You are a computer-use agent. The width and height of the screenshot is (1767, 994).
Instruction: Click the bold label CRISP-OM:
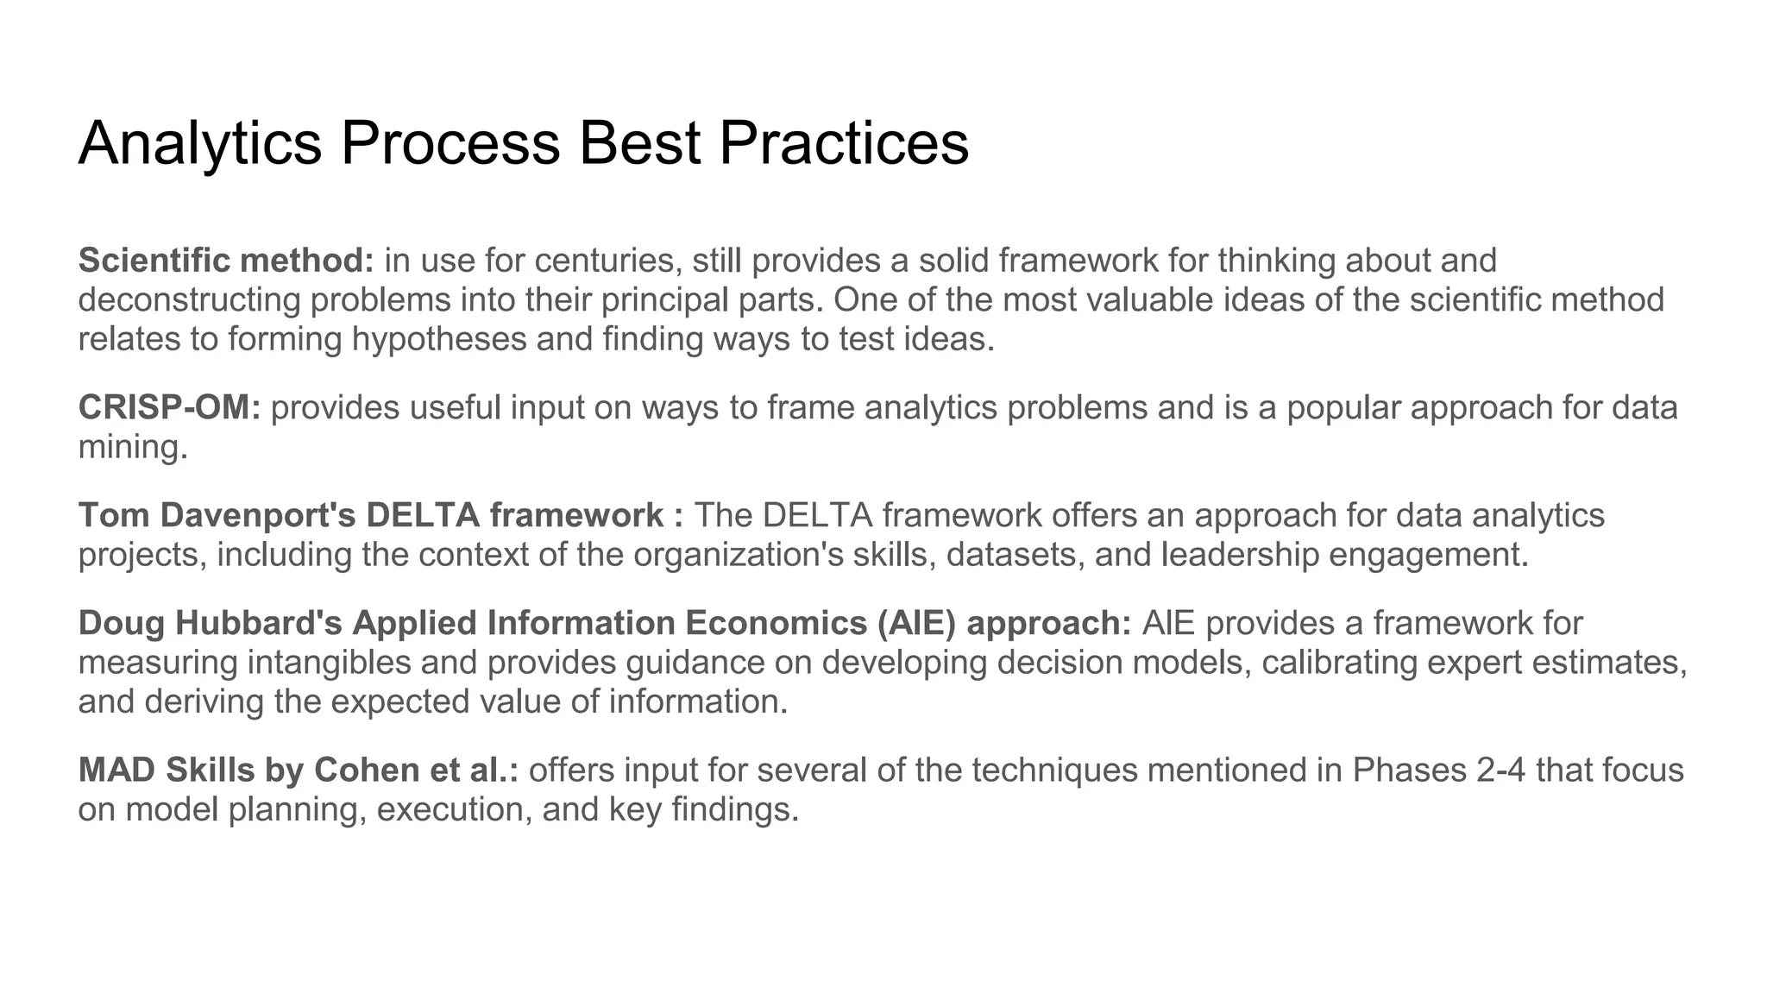click(x=169, y=407)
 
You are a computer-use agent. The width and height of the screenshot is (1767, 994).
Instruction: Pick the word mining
click(x=132, y=447)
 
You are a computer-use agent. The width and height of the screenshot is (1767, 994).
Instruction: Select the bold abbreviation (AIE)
click(x=916, y=623)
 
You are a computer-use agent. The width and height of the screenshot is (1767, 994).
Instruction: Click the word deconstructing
click(x=189, y=299)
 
